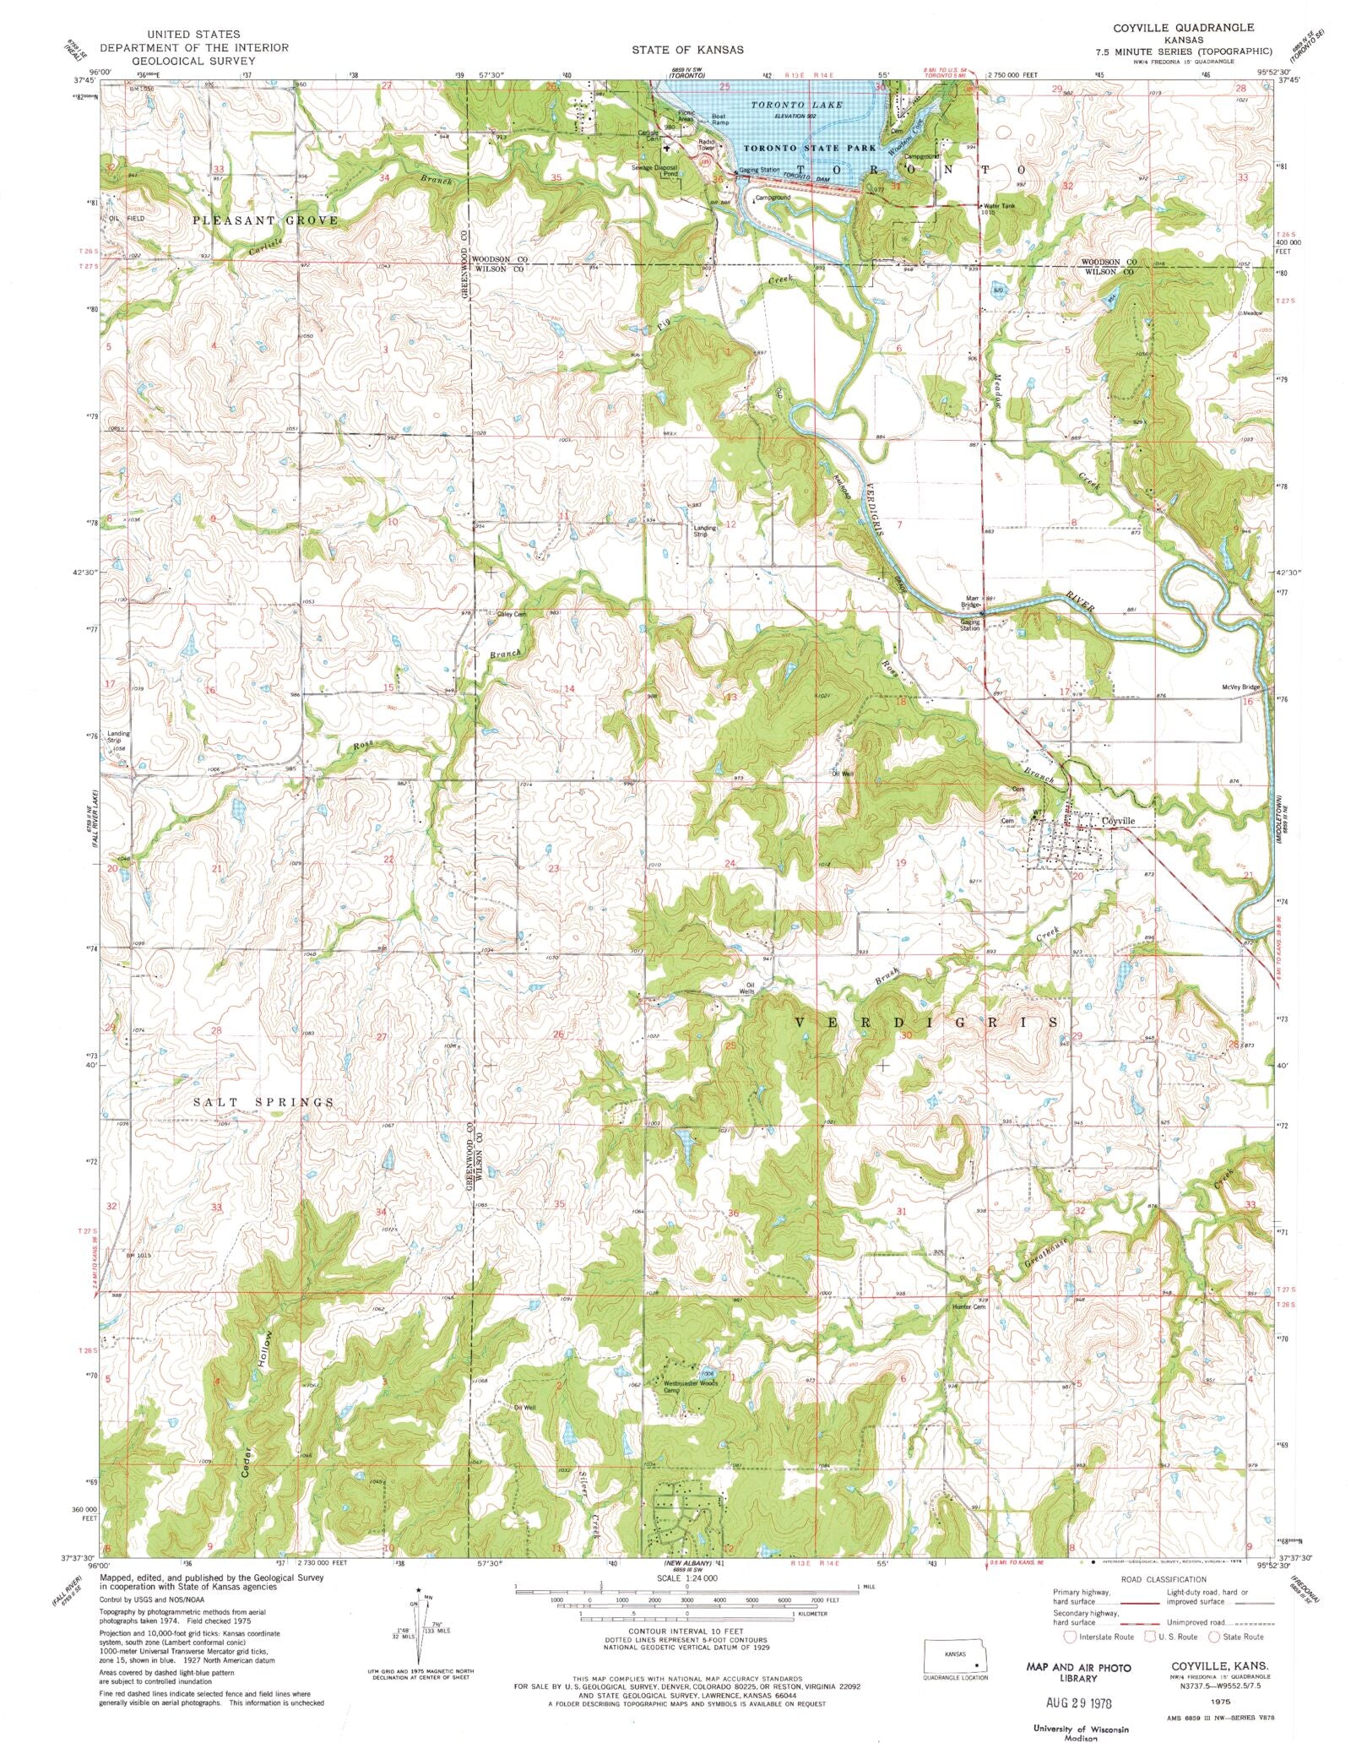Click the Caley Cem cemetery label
pyautogui.click(x=512, y=614)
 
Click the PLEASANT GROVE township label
pyautogui.click(x=265, y=220)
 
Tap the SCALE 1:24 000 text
pyautogui.click(x=675, y=1578)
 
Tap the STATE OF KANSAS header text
pyautogui.click(x=687, y=50)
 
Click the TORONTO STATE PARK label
pyautogui.click(x=810, y=148)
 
